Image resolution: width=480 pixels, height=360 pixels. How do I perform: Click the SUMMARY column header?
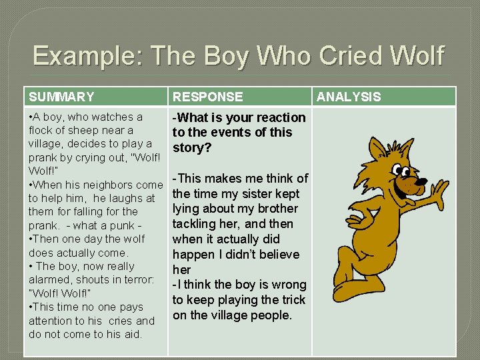tap(61, 97)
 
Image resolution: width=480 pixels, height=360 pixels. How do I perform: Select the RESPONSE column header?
tap(207, 97)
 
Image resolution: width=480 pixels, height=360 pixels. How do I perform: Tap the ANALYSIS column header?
tap(349, 97)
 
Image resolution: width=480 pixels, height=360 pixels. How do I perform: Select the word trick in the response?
tap(291, 300)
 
